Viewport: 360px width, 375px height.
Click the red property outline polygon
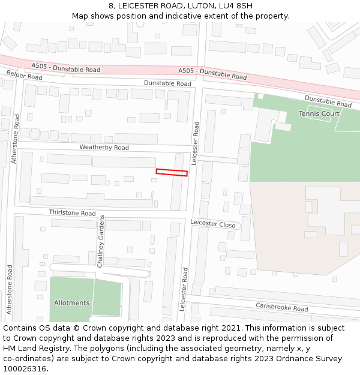tap(172, 172)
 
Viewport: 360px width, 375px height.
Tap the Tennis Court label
tap(319, 113)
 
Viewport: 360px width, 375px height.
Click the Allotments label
tap(71, 302)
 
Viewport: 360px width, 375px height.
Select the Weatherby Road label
tap(104, 148)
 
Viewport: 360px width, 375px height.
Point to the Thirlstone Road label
tap(72, 213)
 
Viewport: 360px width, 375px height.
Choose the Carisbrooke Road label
tap(281, 307)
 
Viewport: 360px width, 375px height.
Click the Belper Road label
tap(25, 76)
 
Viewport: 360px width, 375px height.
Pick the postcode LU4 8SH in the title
tap(236, 5)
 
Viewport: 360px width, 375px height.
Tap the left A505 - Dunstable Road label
tap(66, 69)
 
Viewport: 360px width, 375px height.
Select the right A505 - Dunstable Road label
tap(212, 73)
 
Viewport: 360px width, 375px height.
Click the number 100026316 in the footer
tap(25, 368)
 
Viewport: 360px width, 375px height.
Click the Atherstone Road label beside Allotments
tap(9, 290)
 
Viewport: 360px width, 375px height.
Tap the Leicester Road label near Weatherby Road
tap(195, 143)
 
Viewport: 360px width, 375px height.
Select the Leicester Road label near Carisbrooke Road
tap(184, 289)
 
